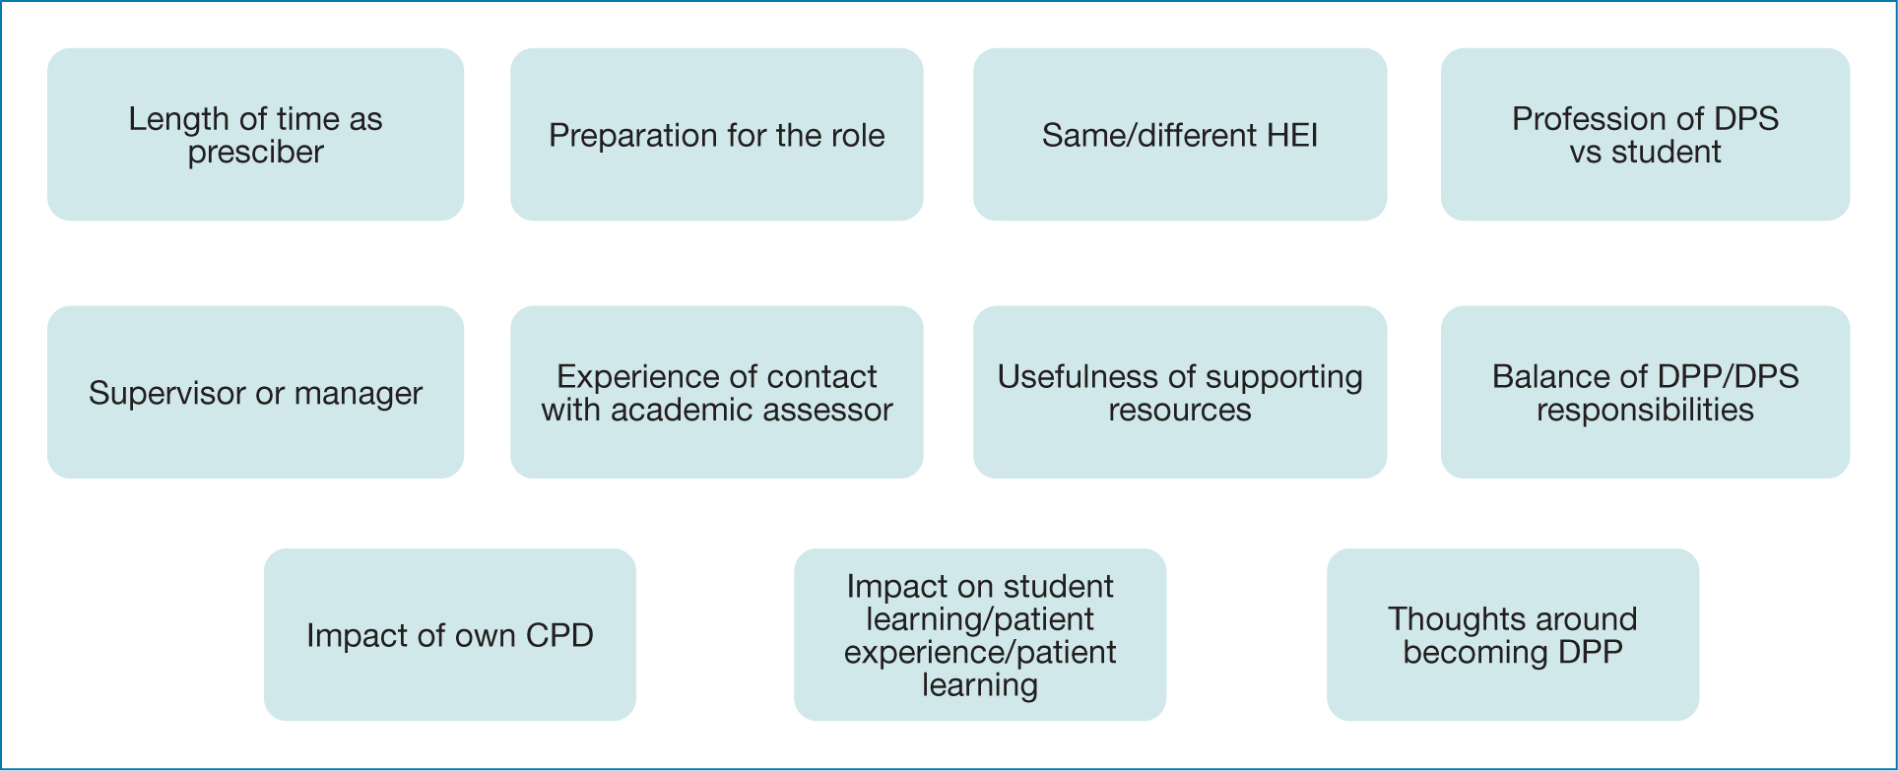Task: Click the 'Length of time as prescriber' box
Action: (x=255, y=134)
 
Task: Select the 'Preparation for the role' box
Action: (x=716, y=134)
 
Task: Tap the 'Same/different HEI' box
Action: (x=1179, y=134)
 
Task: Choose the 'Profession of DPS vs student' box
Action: (x=1645, y=134)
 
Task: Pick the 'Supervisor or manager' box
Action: (x=255, y=392)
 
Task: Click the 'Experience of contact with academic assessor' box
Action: (x=716, y=392)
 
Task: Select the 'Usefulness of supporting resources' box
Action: (x=1179, y=392)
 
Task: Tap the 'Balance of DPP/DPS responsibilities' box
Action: (x=1645, y=392)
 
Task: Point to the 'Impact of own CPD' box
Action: (x=449, y=634)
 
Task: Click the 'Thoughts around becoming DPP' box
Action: (x=1512, y=634)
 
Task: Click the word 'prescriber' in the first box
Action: (x=255, y=153)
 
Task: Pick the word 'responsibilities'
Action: (x=1645, y=411)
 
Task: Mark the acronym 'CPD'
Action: (x=559, y=635)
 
